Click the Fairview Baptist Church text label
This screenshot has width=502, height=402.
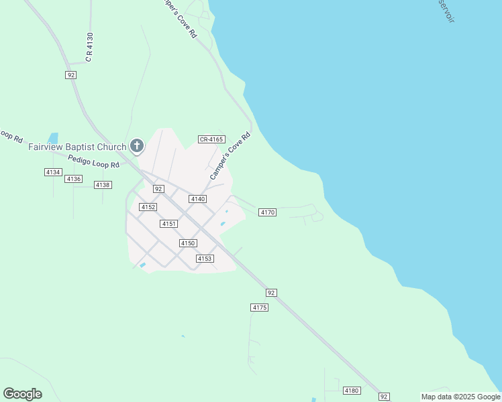pos(77,147)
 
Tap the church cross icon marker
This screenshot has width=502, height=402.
pos(137,145)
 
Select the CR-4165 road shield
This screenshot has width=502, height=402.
pos(211,139)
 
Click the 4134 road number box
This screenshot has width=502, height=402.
pos(53,172)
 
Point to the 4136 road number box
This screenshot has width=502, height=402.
pos(74,179)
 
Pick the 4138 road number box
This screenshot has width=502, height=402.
pos(103,185)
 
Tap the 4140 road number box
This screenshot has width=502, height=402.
pos(197,199)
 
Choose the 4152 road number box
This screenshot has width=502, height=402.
pos(148,207)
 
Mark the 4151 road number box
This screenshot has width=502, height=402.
pos(168,224)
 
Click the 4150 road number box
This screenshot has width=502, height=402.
pos(188,243)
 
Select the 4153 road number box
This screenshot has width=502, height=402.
pos(205,259)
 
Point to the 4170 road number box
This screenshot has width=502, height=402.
pos(267,212)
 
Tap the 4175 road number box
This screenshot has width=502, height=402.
pos(260,308)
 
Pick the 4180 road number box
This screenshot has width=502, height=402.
pos(351,391)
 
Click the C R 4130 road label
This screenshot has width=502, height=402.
pos(89,47)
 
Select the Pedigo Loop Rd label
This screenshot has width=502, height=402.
pos(93,161)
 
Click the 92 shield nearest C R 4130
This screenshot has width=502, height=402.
pos(71,75)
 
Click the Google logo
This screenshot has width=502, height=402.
pos(22,394)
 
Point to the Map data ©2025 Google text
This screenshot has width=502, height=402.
pos(460,397)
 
